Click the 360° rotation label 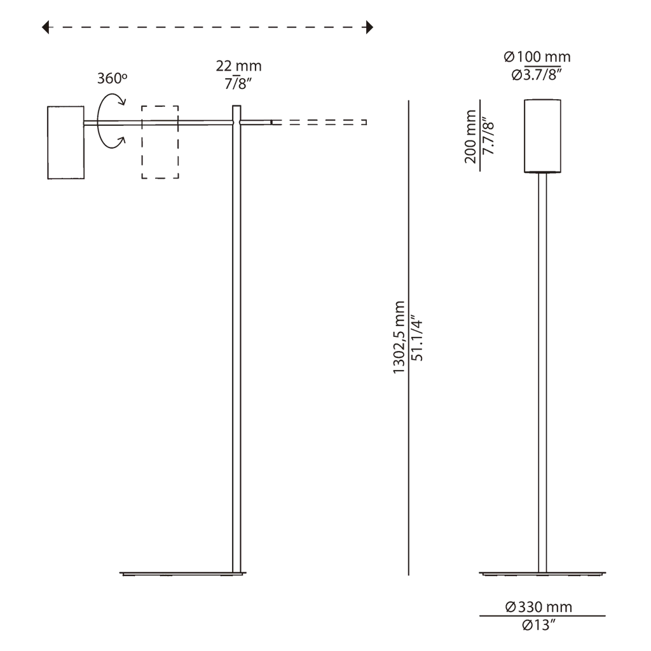tap(112, 78)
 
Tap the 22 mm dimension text tap(239, 65)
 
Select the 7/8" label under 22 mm tap(238, 83)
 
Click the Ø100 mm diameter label tap(537, 57)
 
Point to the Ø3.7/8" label tap(537, 75)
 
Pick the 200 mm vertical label tap(470, 137)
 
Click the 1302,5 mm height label tap(399, 337)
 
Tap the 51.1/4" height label tap(417, 340)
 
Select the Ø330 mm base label tap(539, 607)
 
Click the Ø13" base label tap(538, 624)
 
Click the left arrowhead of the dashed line tap(45, 27)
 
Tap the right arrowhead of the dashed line tap(369, 27)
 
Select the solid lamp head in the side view tap(66, 142)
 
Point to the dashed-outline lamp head tap(142, 142)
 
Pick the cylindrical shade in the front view tap(542, 136)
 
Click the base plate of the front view tap(542, 574)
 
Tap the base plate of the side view tap(183, 574)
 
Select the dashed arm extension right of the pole tap(319, 123)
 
